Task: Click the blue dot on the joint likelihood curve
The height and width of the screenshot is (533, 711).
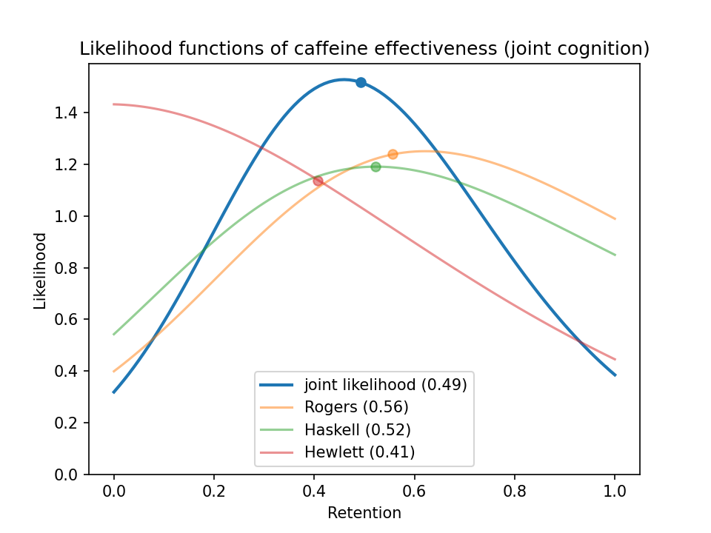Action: tap(361, 82)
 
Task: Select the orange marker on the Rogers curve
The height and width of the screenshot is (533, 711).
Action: tap(393, 155)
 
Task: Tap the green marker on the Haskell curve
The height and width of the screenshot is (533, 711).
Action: tap(375, 167)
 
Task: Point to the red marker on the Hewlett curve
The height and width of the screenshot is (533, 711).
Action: tap(318, 181)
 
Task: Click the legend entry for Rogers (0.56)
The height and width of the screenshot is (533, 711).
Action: tap(356, 407)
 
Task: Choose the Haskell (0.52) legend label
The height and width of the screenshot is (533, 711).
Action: tap(357, 429)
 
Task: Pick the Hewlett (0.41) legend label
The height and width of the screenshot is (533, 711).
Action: tap(360, 452)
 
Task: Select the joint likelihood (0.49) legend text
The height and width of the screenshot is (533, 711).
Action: tap(385, 385)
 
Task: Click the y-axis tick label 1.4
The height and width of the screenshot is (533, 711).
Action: tap(66, 113)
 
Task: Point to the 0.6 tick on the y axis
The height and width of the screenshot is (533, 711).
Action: tap(66, 320)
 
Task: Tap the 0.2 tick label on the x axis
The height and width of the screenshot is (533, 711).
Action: tap(214, 492)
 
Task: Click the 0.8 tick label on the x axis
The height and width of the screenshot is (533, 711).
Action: tap(515, 492)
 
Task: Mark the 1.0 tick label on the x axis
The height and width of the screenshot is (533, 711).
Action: tap(615, 492)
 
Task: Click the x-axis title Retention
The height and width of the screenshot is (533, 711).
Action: tap(364, 513)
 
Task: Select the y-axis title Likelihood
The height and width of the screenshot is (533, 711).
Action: tap(40, 271)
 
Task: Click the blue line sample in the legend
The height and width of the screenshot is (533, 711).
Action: tap(276, 385)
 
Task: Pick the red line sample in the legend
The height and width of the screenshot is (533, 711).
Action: tap(276, 452)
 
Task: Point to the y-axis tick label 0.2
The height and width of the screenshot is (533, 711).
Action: tap(66, 423)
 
